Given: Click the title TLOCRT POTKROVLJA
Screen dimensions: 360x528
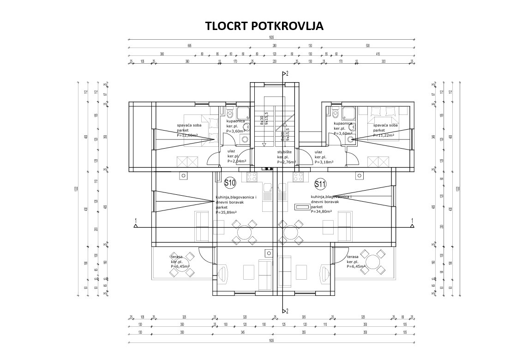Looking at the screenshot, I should [x=264, y=26].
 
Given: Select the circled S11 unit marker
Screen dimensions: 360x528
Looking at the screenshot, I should [x=320, y=185].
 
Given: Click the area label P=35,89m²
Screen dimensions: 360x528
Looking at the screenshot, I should [x=226, y=213].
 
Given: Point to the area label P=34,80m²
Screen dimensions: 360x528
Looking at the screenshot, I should [x=322, y=212].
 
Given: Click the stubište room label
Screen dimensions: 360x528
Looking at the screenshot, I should [x=284, y=152].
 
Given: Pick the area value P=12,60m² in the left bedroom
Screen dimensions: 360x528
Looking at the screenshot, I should [x=187, y=135].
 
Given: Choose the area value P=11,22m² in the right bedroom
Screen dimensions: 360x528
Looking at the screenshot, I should [x=383, y=135].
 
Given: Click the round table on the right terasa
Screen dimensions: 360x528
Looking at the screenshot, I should [x=372, y=262].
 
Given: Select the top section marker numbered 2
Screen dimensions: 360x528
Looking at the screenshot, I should [x=285, y=74].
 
